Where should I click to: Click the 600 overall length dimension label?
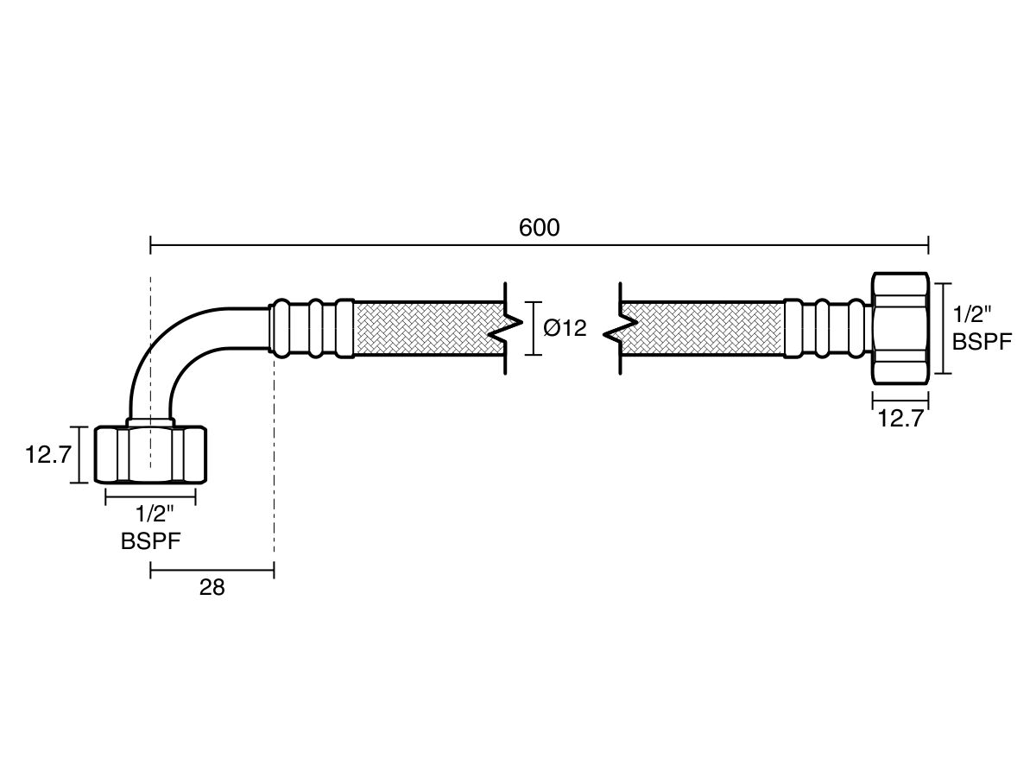pyautogui.click(x=539, y=228)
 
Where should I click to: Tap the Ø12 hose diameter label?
pyautogui.click(x=565, y=329)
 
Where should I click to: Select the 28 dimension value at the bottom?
pyautogui.click(x=212, y=588)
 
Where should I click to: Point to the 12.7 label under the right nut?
pyautogui.click(x=900, y=420)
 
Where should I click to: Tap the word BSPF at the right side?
pyautogui.click(x=982, y=342)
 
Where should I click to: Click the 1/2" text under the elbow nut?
pyautogui.click(x=155, y=515)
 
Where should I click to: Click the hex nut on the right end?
pyautogui.click(x=900, y=328)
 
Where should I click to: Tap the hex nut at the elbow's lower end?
pyautogui.click(x=150, y=454)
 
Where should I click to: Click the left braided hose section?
pyautogui.click(x=428, y=328)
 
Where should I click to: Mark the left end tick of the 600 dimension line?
pyautogui.click(x=151, y=247)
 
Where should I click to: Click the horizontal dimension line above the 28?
pyautogui.click(x=212, y=569)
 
